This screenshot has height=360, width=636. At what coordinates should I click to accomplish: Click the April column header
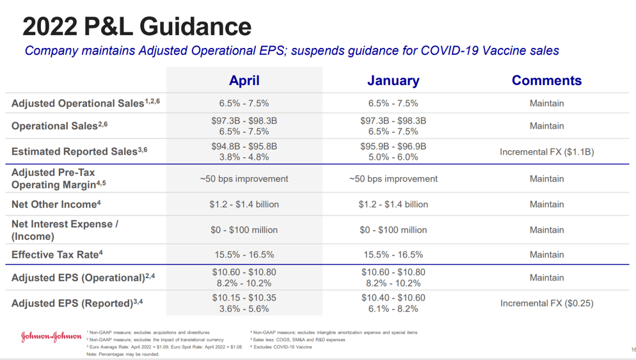click(x=244, y=81)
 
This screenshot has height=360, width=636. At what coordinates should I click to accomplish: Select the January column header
click(x=393, y=81)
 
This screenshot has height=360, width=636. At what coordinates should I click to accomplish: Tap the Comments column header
click(x=546, y=81)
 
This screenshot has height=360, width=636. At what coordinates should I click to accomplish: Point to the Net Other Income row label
click(x=56, y=205)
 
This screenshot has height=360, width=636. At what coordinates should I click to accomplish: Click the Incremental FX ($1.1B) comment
click(x=546, y=152)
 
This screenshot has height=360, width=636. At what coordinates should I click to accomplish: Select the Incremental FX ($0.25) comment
click(x=546, y=303)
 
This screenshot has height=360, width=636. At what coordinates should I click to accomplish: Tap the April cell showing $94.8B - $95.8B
click(x=244, y=146)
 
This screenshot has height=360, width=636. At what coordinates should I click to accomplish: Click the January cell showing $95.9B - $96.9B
click(x=393, y=146)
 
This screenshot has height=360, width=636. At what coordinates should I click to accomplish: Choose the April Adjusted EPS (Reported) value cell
click(x=244, y=303)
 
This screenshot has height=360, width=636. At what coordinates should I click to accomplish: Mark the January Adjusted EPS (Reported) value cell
click(x=393, y=303)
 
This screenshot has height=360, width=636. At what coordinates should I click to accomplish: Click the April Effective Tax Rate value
click(x=244, y=254)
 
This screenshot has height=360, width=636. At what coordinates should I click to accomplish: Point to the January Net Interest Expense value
click(x=393, y=230)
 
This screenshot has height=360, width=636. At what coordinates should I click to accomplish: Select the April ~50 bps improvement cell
click(x=244, y=179)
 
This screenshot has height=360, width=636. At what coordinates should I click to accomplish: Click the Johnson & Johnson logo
click(x=51, y=337)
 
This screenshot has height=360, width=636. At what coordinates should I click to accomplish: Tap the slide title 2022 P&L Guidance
click(x=137, y=26)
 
